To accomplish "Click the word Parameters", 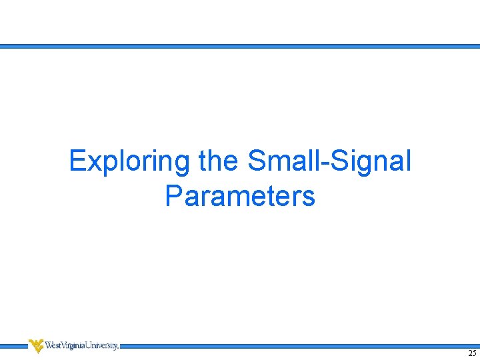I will (240, 196).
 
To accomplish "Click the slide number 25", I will (472, 353).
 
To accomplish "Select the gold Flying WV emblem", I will (36, 345).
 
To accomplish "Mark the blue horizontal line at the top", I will (240, 47).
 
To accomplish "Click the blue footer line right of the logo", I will (300, 346).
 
